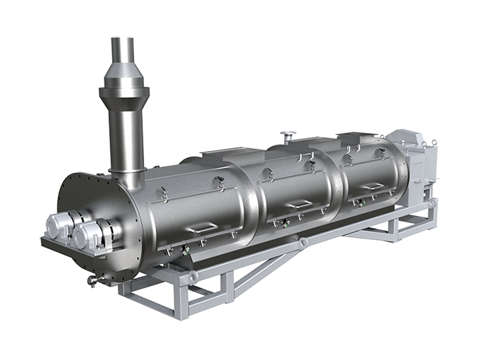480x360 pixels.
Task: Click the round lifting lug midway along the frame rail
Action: point(304,243)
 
